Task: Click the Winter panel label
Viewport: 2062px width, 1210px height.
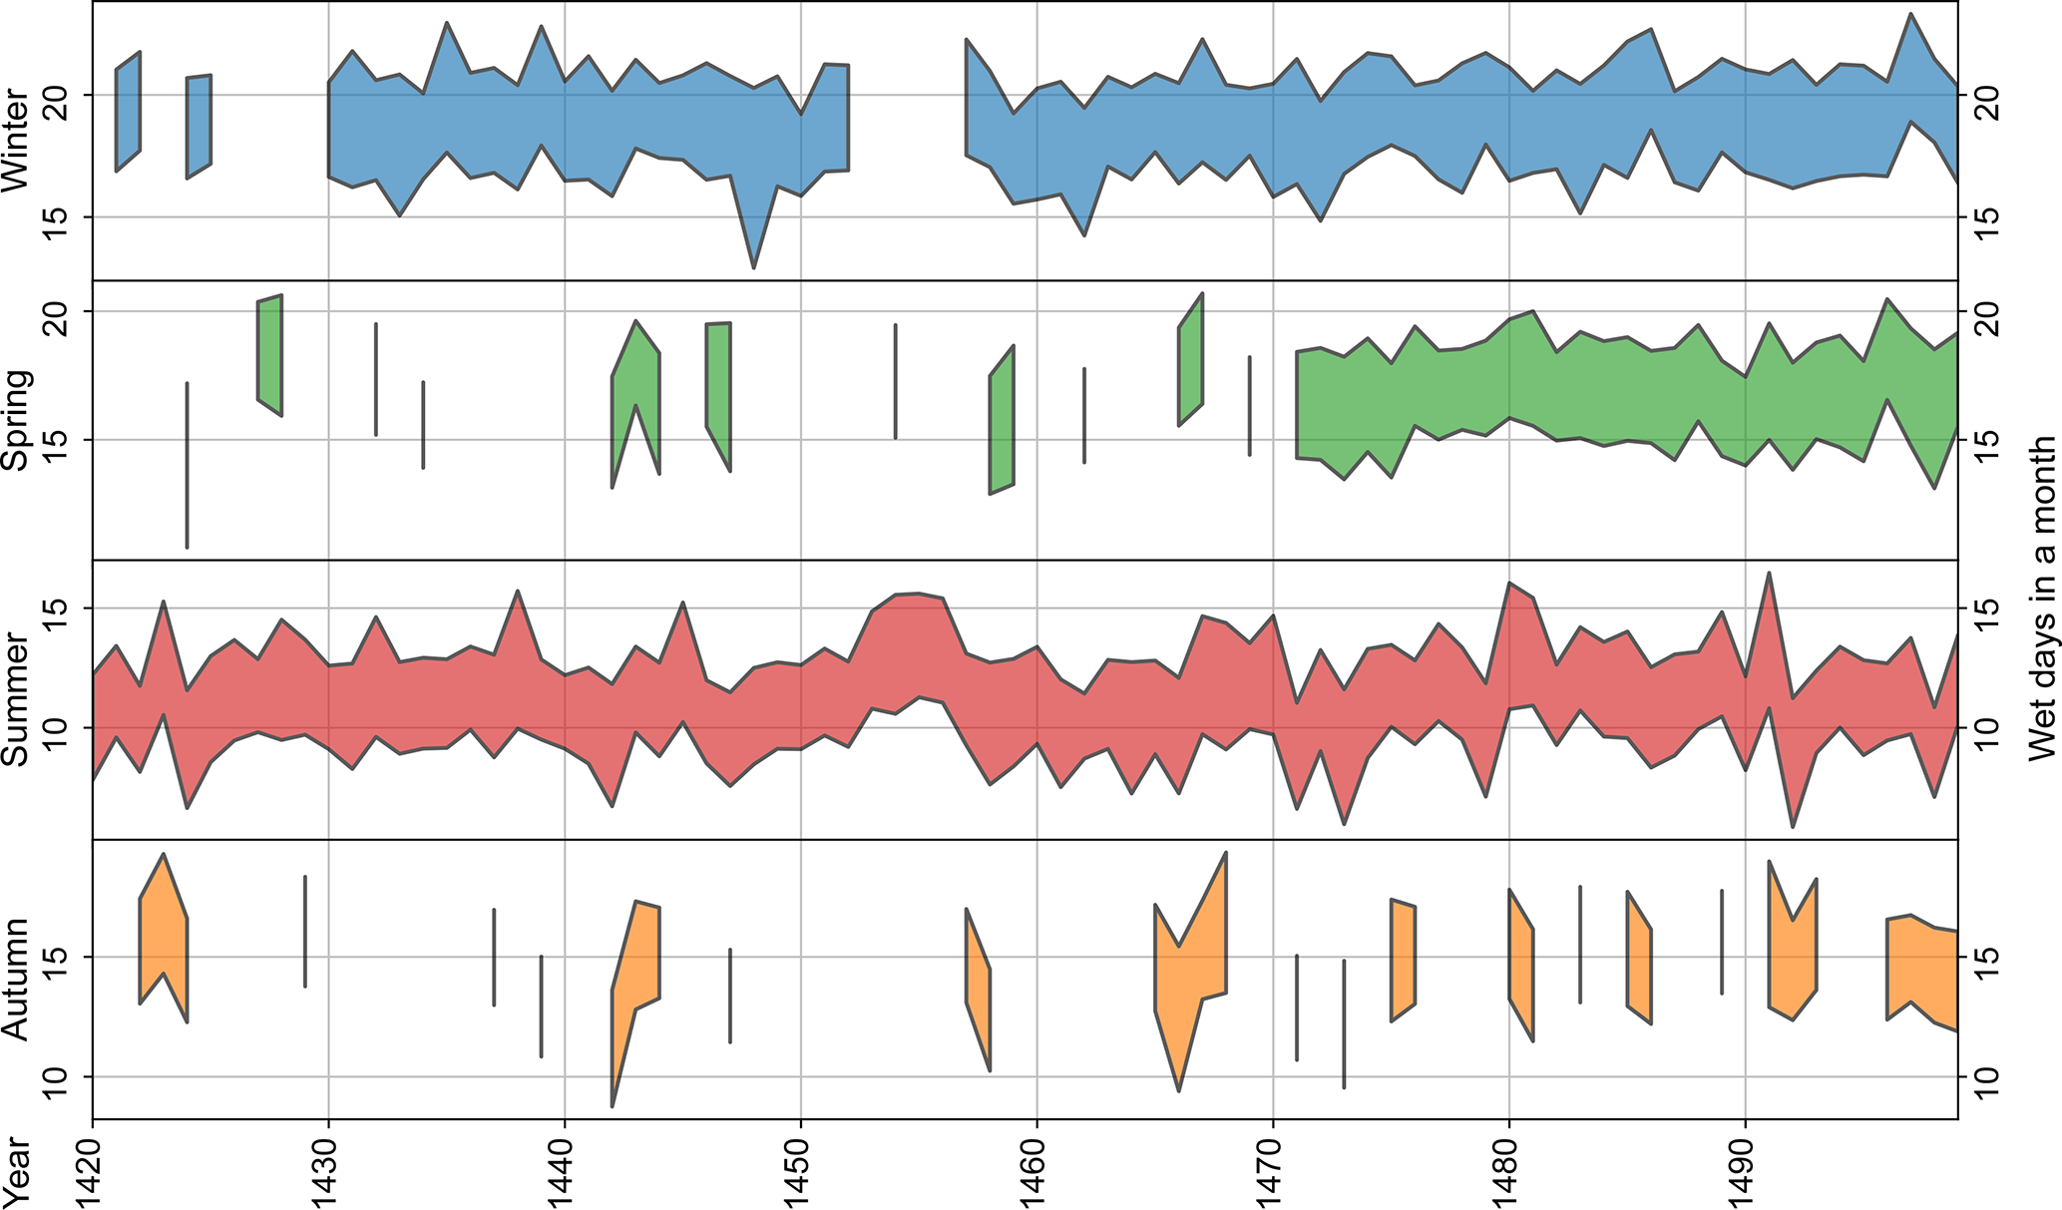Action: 16,141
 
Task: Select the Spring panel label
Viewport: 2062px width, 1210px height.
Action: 16,420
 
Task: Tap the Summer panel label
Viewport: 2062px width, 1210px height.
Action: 16,698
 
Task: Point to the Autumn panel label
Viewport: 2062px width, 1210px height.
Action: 16,979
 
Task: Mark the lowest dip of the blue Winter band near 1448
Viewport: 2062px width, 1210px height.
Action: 754,265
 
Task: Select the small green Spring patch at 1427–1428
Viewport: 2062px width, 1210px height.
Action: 269,354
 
